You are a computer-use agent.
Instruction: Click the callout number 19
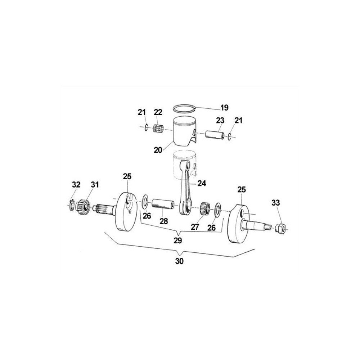coord(224,107)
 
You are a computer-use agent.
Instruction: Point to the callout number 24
coord(201,183)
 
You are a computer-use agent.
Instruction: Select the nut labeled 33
coord(280,228)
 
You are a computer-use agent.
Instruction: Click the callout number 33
coord(276,203)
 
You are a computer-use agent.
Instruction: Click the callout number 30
coord(179,262)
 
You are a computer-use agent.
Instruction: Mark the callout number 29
coord(178,240)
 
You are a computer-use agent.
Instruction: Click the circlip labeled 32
coord(72,204)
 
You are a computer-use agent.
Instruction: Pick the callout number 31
coord(94,185)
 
